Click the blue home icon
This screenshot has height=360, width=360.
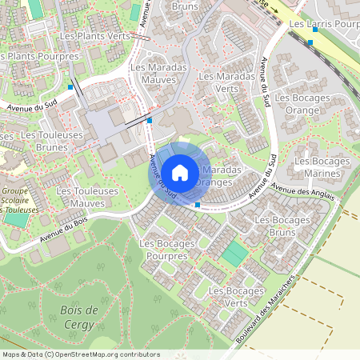(x=180, y=172)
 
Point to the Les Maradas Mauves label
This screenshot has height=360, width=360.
(x=158, y=74)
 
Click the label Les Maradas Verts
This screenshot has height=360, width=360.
(x=228, y=82)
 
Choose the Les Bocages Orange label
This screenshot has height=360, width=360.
(x=298, y=103)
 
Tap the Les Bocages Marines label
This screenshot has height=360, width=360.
(x=322, y=167)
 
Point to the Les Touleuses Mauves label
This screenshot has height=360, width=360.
(x=87, y=198)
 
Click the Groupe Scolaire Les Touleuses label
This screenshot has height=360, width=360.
(x=18, y=200)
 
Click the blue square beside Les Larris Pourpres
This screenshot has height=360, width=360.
(x=310, y=42)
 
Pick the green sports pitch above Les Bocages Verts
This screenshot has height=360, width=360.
(x=234, y=254)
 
